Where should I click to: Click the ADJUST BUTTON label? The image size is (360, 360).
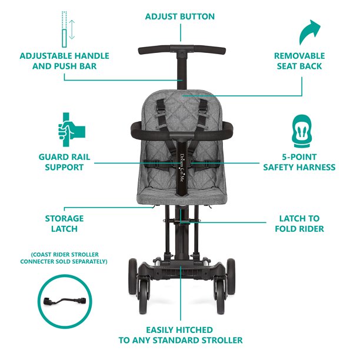(180, 17)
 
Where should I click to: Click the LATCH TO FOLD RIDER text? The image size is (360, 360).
(299, 224)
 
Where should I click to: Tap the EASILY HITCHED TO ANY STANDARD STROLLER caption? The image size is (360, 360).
(180, 335)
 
